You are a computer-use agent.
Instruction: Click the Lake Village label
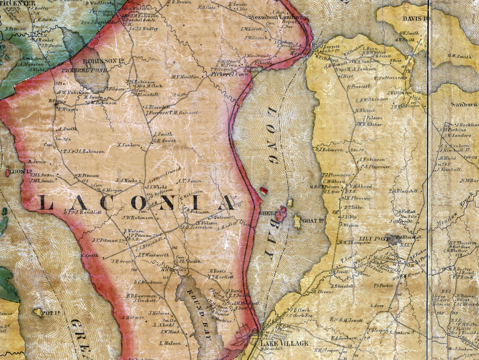(284, 343)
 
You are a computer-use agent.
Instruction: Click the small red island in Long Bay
(264, 190)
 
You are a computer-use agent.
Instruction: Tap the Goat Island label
(313, 220)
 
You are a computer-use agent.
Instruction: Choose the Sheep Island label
(272, 213)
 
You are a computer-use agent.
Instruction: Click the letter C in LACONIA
(105, 202)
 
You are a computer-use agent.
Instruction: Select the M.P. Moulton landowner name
(185, 77)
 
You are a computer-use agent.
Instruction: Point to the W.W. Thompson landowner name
(354, 242)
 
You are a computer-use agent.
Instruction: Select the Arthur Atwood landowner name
(165, 174)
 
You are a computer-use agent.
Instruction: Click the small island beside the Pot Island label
(38, 313)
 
